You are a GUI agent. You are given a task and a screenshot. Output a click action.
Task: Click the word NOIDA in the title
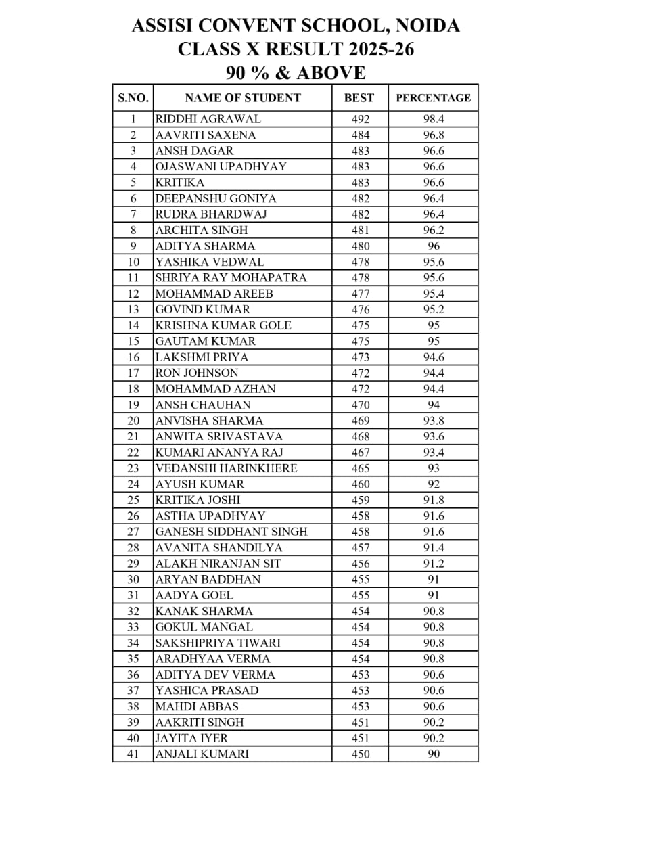tap(427, 26)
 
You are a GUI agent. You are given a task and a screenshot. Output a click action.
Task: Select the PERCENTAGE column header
tap(433, 97)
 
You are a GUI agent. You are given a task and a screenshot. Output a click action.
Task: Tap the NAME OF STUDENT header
tap(242, 97)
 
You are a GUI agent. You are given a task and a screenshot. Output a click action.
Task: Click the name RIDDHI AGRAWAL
tap(208, 119)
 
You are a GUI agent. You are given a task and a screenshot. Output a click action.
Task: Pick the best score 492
tap(361, 119)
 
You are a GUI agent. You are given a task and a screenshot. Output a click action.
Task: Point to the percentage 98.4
tap(434, 119)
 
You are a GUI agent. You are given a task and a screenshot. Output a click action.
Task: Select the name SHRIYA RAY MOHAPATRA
tap(231, 277)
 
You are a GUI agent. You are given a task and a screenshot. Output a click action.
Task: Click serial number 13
tap(133, 309)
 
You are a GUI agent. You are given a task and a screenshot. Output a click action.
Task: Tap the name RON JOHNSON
tap(197, 373)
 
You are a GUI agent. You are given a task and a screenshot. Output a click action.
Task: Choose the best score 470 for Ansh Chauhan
tap(361, 405)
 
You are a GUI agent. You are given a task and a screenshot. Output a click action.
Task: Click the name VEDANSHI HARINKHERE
tap(226, 468)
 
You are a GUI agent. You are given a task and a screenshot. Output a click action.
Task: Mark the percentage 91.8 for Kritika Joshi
tap(434, 500)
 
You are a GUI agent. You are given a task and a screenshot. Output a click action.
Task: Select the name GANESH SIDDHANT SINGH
tap(231, 532)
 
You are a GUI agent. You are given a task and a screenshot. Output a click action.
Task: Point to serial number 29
tap(133, 564)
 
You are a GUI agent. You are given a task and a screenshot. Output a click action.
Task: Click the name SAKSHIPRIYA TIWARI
tap(218, 643)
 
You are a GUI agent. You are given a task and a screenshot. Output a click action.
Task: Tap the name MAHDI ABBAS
tap(197, 706)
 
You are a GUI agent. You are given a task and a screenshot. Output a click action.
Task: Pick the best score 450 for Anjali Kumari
tap(361, 754)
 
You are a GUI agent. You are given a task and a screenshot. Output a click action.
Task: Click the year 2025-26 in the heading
tap(382, 49)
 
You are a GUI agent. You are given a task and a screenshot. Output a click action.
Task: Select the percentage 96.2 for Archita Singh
tap(434, 230)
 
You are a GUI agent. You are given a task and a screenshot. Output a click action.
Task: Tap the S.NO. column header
tap(133, 97)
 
